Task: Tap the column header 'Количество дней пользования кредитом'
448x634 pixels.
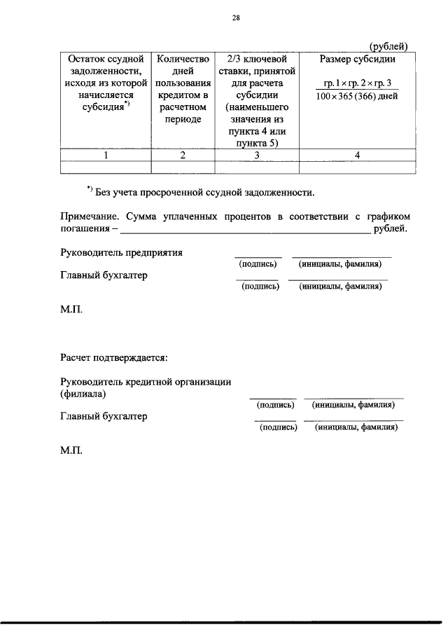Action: click(183, 89)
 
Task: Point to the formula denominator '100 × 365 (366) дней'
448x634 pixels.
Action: click(356, 96)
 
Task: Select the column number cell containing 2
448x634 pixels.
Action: click(183, 156)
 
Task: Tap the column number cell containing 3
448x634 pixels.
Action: click(257, 156)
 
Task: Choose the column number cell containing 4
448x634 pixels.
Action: click(357, 156)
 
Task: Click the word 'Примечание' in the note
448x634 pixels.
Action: click(89, 216)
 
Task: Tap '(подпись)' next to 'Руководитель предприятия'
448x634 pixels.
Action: click(258, 264)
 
